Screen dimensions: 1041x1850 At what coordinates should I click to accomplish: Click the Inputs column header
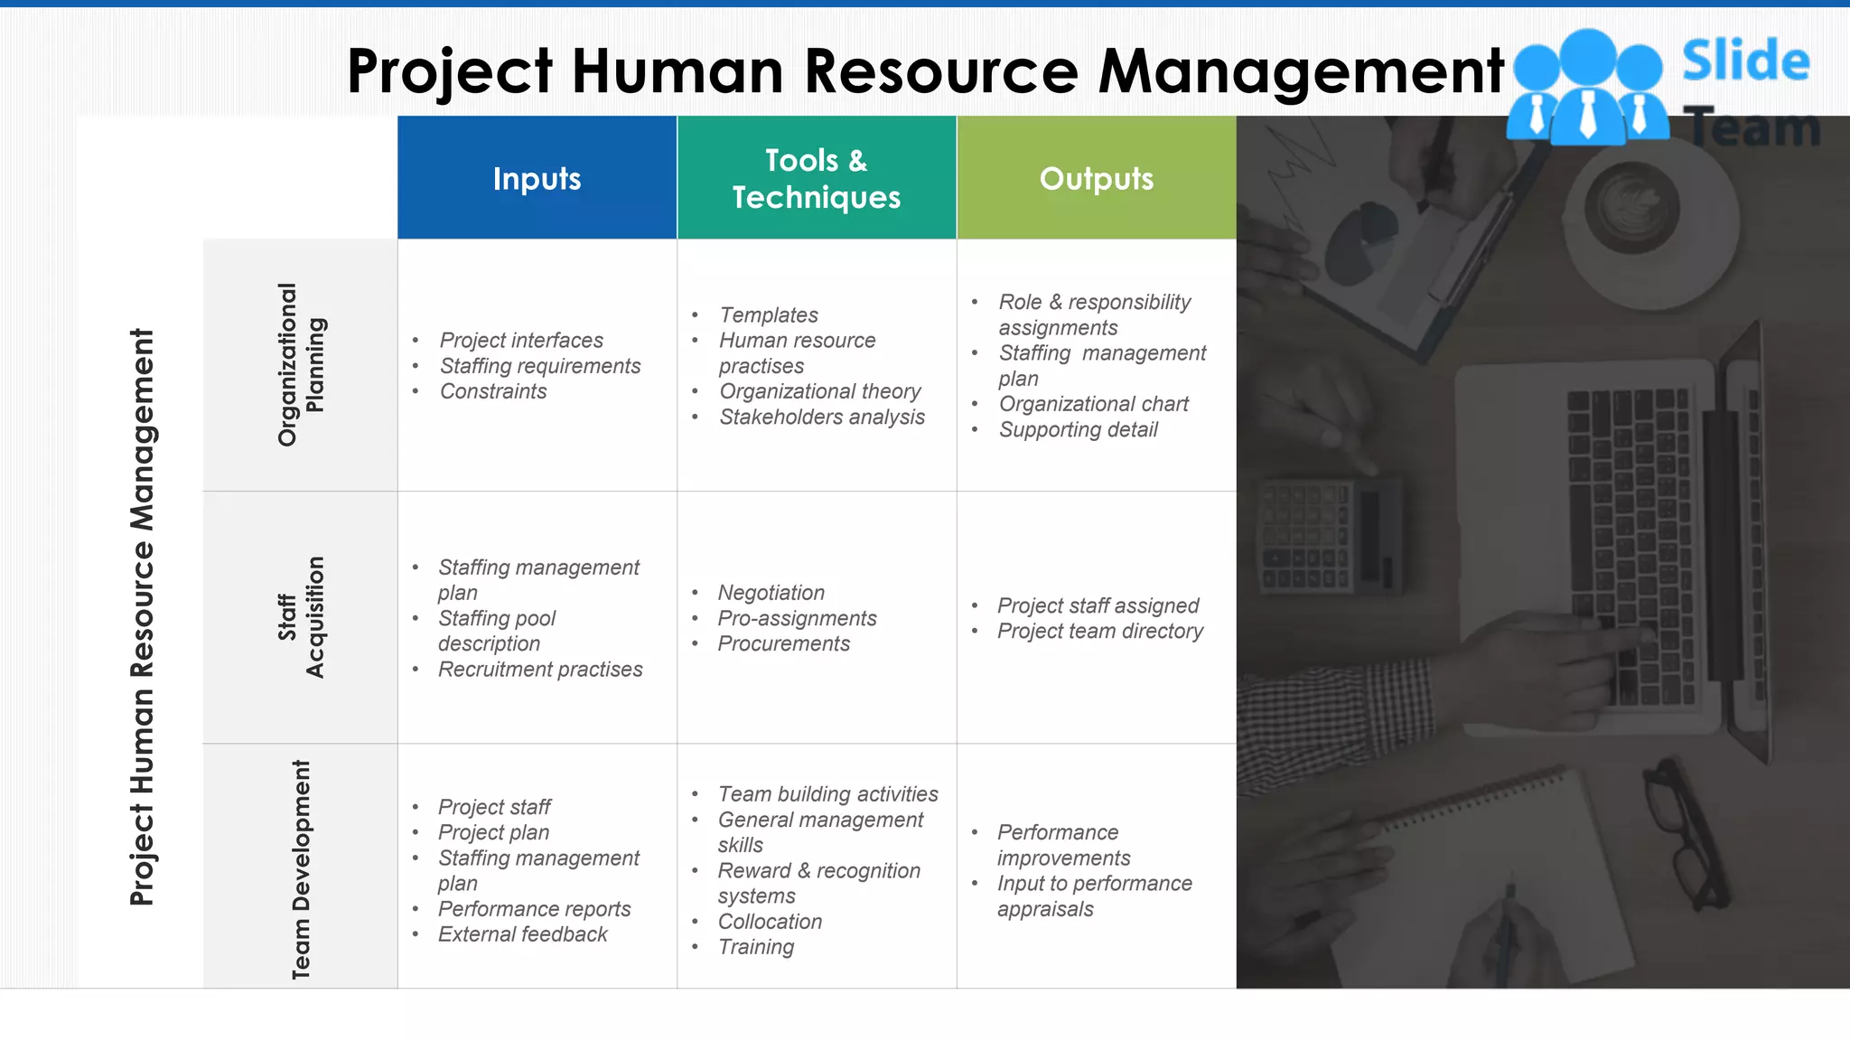[x=537, y=178]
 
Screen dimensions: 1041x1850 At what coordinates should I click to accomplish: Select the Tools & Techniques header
[x=816, y=178]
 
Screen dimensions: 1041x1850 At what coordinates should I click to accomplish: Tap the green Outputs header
[x=1096, y=178]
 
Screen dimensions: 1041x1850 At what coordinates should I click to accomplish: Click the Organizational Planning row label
[x=301, y=364]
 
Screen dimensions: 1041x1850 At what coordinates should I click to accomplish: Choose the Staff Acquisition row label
[x=301, y=617]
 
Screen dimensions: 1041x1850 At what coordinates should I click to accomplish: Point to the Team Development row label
[x=301, y=868]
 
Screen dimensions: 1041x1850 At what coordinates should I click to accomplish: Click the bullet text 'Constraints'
[x=493, y=391]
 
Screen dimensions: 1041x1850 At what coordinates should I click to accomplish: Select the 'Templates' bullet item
[x=769, y=315]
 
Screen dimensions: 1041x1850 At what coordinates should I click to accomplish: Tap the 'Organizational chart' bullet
[x=1093, y=404]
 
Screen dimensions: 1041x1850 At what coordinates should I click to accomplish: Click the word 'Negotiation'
[x=771, y=593]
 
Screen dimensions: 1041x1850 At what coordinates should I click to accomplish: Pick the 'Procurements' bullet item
[x=783, y=643]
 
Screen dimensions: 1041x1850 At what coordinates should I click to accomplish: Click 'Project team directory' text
[x=1099, y=631]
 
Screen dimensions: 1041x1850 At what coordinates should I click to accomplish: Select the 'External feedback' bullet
[x=522, y=934]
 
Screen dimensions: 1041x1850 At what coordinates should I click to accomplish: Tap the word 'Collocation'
[x=770, y=922]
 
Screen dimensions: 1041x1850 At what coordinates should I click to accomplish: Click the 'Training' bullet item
[x=756, y=947]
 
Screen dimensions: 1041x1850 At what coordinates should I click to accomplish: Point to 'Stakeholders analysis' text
[x=822, y=417]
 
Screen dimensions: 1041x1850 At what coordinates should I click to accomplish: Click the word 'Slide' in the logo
[x=1745, y=61]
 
